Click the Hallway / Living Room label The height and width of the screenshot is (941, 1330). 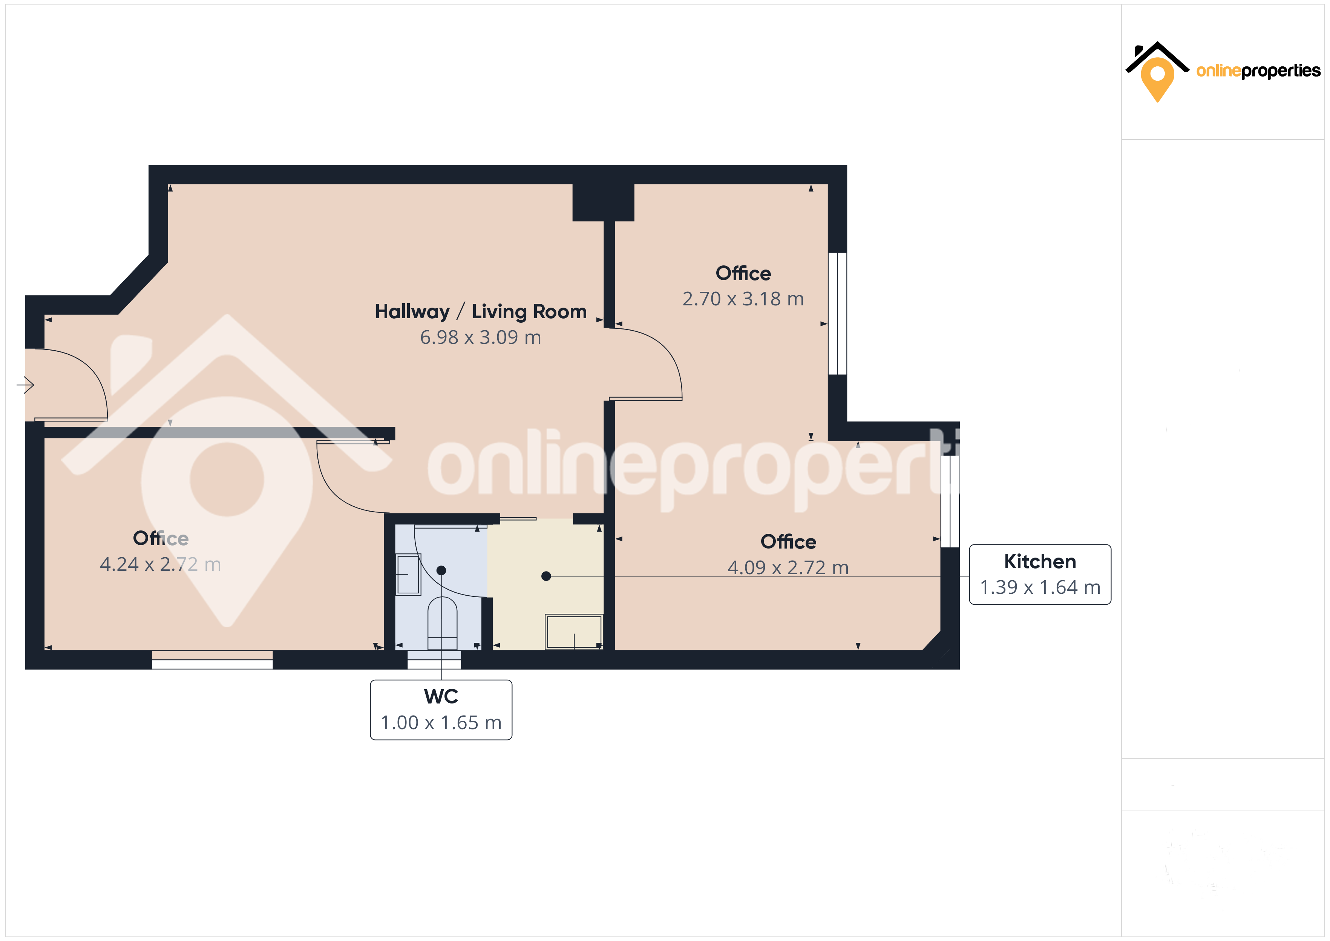481,312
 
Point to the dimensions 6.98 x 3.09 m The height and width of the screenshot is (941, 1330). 481,337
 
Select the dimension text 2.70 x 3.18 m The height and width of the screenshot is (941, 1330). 743,299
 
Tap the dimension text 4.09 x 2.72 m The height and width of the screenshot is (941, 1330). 788,567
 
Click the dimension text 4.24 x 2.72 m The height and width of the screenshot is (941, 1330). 161,564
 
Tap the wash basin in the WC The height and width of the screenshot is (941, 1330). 408,574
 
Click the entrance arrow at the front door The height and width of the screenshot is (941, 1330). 26,385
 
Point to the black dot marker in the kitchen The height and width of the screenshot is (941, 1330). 545,576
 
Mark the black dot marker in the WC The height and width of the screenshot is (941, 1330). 441,570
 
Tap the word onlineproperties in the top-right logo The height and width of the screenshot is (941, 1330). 1258,71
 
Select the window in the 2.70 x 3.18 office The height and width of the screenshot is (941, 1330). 838,313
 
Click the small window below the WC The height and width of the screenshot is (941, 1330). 434,659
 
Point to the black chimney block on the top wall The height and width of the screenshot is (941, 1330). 603,202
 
